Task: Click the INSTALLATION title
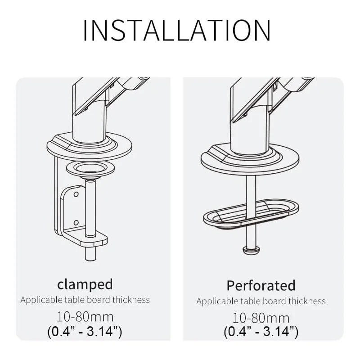[176, 31]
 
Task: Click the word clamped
[85, 284]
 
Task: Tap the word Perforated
[261, 285]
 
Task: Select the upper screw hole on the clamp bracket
[76, 194]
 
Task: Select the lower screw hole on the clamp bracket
[76, 222]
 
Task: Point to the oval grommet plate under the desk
[251, 213]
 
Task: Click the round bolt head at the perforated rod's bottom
[251, 249]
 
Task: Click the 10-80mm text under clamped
[85, 317]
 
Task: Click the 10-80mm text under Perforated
[261, 318]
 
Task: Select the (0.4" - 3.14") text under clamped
[85, 331]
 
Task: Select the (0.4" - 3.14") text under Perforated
[261, 331]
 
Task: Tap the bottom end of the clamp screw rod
[90, 260]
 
